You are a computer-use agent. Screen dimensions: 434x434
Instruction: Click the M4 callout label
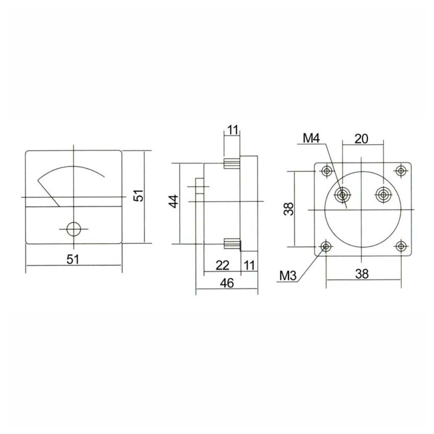[312, 138]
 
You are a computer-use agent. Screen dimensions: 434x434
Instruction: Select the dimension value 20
[362, 138]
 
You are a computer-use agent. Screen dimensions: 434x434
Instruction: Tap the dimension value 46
[227, 283]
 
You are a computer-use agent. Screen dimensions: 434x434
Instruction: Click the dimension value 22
[222, 265]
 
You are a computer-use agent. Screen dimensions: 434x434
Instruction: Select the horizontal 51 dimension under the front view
[73, 259]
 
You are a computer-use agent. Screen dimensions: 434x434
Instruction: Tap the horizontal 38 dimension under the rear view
[362, 274]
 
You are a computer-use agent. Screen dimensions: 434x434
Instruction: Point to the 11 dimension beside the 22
[249, 265]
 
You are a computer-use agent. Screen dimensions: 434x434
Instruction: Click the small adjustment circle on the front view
[74, 229]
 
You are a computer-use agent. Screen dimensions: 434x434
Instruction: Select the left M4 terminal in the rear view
[343, 195]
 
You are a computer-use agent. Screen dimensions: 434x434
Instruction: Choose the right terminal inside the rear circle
[383, 195]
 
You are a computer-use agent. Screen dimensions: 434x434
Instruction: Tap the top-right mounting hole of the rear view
[401, 171]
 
